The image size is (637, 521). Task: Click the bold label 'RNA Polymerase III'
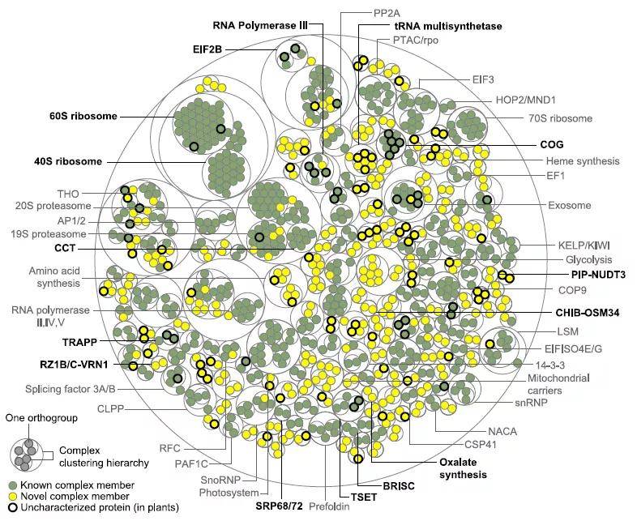click(260, 26)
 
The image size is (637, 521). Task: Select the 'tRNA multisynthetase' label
click(448, 27)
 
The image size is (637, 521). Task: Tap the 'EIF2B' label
click(207, 49)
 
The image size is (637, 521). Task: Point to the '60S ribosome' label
click(83, 116)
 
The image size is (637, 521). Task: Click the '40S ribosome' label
click(68, 161)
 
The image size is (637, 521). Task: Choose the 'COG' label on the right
click(552, 144)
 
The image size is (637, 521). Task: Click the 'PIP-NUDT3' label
click(598, 275)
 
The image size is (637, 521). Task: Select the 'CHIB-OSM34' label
click(587, 313)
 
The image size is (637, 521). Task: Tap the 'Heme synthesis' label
click(583, 161)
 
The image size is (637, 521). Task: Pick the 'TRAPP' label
click(80, 342)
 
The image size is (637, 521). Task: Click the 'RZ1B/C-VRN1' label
click(74, 365)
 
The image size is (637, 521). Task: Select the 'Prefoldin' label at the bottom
click(330, 506)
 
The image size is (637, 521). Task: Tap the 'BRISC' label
click(399, 485)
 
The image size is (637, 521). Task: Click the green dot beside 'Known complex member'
click(14, 485)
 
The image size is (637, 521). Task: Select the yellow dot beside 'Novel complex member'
click(14, 496)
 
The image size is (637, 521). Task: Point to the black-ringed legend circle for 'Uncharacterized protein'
click(14, 507)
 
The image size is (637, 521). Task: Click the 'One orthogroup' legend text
click(41, 418)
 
